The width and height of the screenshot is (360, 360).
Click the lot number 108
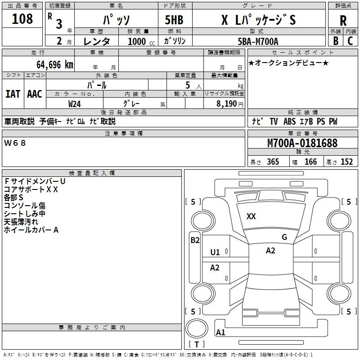tap(22, 19)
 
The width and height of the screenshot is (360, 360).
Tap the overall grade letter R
tap(343, 21)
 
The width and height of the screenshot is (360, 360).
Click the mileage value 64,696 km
tap(50, 65)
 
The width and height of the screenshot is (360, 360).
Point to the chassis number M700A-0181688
tap(302, 144)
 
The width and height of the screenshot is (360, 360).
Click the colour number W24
tap(75, 103)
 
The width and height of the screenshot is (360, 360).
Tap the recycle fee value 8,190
tap(228, 103)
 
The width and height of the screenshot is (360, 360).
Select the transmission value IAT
tap(13, 94)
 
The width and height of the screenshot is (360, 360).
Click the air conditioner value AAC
tap(35, 94)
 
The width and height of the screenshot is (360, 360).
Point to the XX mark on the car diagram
tap(251, 216)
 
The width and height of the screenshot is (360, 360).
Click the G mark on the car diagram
tap(284, 237)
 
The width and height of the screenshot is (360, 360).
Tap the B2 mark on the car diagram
tap(195, 240)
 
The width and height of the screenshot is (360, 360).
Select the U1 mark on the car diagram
tap(215, 252)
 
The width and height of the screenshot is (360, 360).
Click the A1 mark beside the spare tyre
tap(220, 333)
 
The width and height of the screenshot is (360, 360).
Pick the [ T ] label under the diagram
tap(197, 345)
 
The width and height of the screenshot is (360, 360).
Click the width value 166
tap(310, 162)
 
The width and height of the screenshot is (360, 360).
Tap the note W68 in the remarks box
tap(15, 143)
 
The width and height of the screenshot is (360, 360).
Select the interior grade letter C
tap(351, 40)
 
